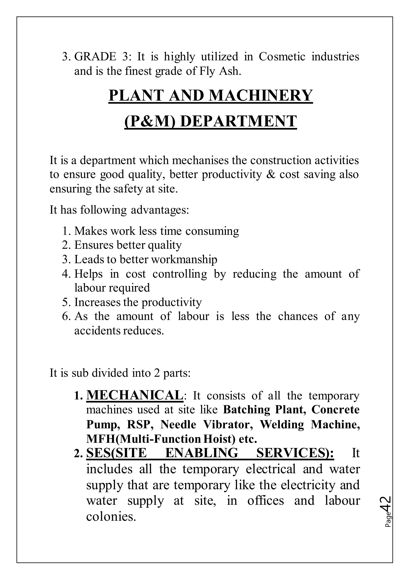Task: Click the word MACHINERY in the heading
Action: [261, 96]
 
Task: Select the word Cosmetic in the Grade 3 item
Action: [282, 57]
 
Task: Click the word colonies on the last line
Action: [111, 516]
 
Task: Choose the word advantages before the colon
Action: [160, 210]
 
